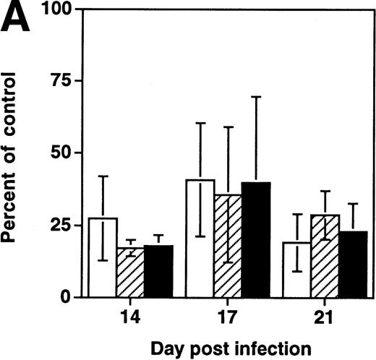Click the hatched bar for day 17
click(x=228, y=246)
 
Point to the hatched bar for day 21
click(x=325, y=256)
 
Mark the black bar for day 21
click(x=352, y=264)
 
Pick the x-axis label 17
click(x=228, y=316)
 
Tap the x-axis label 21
click(x=325, y=316)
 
